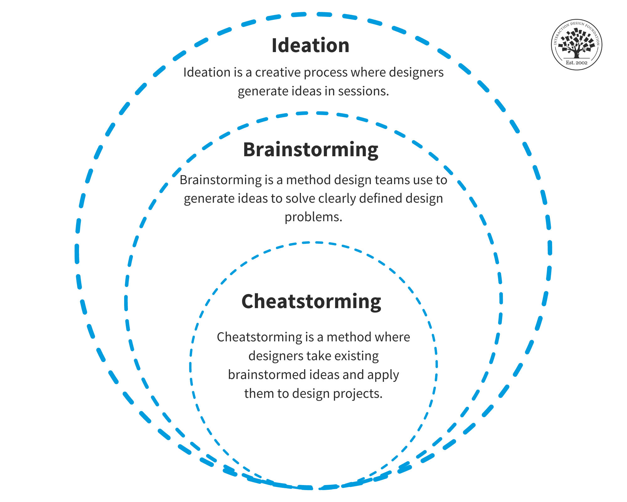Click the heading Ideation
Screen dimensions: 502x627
[310, 45]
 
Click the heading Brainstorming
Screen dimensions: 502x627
[310, 150]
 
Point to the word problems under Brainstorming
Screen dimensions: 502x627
[313, 217]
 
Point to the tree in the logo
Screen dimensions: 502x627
[577, 43]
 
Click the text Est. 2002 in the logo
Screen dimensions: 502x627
[577, 63]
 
